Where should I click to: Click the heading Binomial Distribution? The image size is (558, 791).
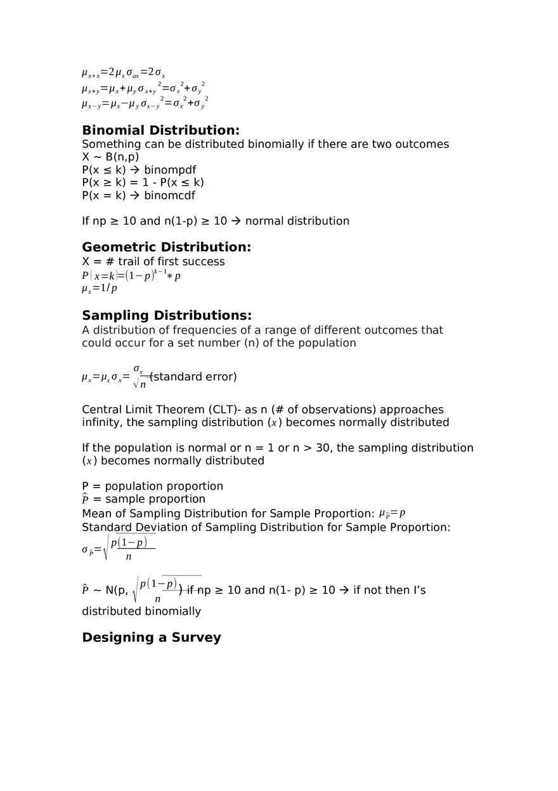click(x=160, y=130)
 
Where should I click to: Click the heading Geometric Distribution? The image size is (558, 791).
click(x=166, y=247)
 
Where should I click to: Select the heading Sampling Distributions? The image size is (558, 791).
click(x=167, y=315)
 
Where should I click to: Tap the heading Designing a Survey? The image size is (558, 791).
click(x=151, y=637)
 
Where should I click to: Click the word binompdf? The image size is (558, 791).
click(x=170, y=170)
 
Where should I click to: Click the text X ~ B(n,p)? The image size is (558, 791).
click(x=110, y=157)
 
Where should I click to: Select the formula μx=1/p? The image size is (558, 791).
click(x=100, y=289)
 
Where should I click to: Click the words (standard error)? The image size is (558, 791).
click(x=194, y=377)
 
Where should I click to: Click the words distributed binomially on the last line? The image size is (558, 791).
click(x=141, y=611)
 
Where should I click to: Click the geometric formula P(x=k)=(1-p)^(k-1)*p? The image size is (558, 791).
click(x=131, y=276)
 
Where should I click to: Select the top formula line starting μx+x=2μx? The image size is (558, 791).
click(x=124, y=73)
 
